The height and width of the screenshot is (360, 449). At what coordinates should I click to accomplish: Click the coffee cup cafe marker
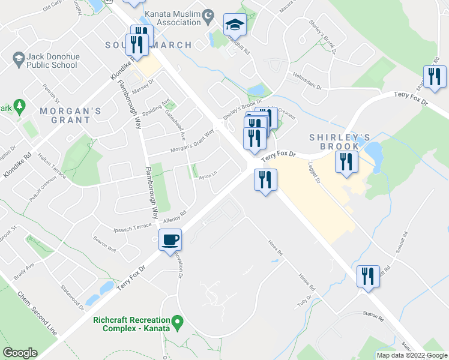170,240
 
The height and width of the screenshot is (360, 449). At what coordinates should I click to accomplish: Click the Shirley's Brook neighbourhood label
334,142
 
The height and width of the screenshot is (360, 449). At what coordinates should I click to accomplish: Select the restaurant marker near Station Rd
367,276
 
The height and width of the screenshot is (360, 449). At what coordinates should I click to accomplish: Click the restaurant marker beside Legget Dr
346,162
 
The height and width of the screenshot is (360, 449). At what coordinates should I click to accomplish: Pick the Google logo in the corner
20,353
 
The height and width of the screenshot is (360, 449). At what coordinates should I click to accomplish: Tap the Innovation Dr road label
179,265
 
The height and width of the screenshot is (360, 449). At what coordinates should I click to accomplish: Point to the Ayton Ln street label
208,173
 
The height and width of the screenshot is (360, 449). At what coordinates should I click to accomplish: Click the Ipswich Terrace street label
133,227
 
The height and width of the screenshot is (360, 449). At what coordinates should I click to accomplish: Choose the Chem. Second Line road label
38,313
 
